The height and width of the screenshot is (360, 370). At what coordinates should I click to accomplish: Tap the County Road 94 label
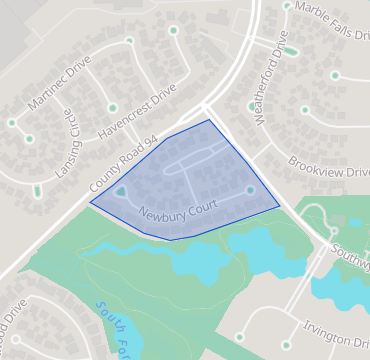[x=125, y=166]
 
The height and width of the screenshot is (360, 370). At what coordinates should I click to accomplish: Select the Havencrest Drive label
[x=137, y=113]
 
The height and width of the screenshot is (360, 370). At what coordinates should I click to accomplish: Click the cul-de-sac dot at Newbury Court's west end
[x=120, y=190]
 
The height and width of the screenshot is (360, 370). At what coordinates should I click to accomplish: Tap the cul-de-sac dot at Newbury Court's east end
[x=250, y=190]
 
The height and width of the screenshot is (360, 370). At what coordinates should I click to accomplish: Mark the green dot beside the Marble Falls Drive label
[x=288, y=5]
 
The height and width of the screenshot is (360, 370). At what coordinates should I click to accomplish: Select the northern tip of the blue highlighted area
[x=208, y=120]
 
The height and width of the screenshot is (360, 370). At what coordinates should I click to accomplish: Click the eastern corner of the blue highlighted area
[x=280, y=205]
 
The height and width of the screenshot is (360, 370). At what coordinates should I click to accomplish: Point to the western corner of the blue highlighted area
[x=90, y=202]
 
